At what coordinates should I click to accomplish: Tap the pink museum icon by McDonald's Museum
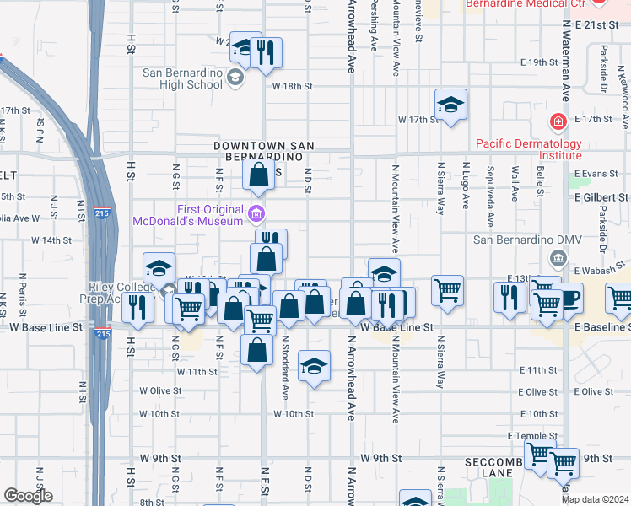click(257, 211)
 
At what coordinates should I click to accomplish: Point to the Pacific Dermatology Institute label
click(529, 149)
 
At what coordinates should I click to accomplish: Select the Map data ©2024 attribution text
click(595, 499)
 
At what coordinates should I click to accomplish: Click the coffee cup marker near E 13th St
click(567, 299)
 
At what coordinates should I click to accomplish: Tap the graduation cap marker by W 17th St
click(450, 105)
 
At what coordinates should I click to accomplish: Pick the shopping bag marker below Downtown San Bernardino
click(259, 175)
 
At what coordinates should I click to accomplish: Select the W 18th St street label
click(292, 86)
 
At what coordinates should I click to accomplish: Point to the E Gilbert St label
click(601, 196)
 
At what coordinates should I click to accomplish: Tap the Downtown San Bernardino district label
click(263, 151)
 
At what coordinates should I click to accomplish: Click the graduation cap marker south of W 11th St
click(314, 366)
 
